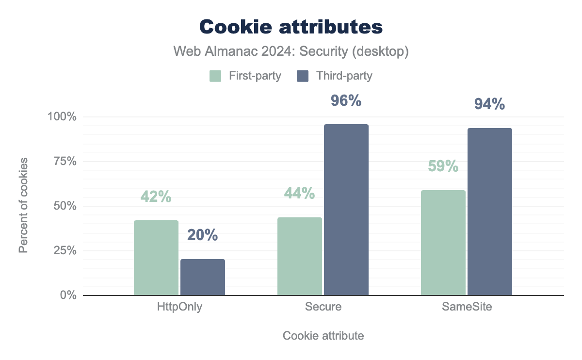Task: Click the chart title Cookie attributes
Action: pyautogui.click(x=291, y=27)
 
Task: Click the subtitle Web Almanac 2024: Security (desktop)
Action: pyautogui.click(x=291, y=51)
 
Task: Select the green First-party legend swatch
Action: pyautogui.click(x=215, y=76)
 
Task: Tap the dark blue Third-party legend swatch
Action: pyautogui.click(x=303, y=76)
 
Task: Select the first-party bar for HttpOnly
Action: pyautogui.click(x=156, y=258)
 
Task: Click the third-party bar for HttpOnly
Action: pyautogui.click(x=203, y=277)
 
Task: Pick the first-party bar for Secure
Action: pyautogui.click(x=300, y=256)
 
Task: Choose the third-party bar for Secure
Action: pyautogui.click(x=346, y=210)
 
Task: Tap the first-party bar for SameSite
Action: pyautogui.click(x=443, y=243)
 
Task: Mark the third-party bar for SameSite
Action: pyautogui.click(x=490, y=212)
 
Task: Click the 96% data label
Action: pyautogui.click(x=346, y=101)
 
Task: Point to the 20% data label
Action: pyautogui.click(x=203, y=236)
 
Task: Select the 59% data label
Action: pyautogui.click(x=443, y=166)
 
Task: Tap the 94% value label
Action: pyautogui.click(x=490, y=104)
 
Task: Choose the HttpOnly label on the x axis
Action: pyautogui.click(x=179, y=308)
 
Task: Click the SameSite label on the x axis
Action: pyautogui.click(x=467, y=308)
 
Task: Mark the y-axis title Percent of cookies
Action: pyautogui.click(x=23, y=205)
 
